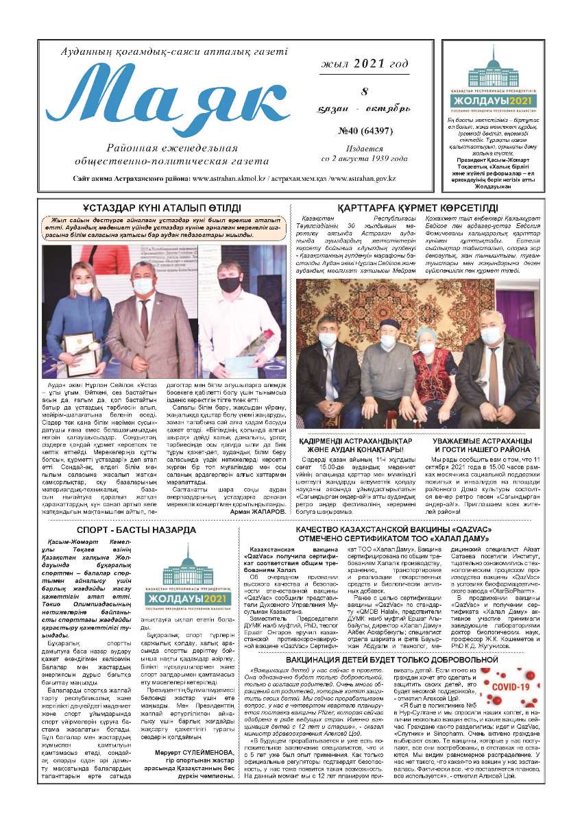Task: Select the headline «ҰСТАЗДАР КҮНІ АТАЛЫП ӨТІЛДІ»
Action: [162, 208]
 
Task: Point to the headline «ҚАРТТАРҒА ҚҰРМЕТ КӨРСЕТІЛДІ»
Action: [417, 208]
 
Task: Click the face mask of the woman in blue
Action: [83, 288]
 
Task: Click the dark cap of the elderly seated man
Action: [389, 323]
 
